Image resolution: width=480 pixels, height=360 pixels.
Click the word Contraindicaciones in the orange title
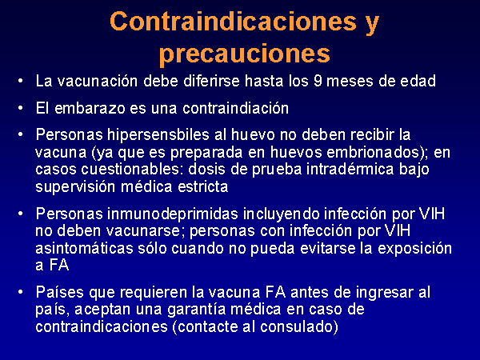[234, 22]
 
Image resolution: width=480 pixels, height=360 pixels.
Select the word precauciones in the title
[245, 54]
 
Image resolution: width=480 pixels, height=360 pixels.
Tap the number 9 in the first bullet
[318, 81]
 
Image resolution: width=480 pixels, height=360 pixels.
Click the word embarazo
[90, 108]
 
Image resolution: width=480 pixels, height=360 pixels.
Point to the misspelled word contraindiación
[236, 108]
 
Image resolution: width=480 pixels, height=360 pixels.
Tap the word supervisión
[75, 187]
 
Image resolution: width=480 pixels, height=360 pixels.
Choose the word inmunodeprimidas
[173, 214]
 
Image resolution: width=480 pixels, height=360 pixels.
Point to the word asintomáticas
[84, 248]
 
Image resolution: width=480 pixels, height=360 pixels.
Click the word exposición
[414, 249]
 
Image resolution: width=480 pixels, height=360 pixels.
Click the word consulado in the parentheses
[296, 326]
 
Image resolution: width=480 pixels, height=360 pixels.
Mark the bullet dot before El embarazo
[20, 107]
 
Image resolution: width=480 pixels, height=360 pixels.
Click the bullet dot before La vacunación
[20, 81]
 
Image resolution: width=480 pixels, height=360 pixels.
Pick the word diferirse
[211, 81]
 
